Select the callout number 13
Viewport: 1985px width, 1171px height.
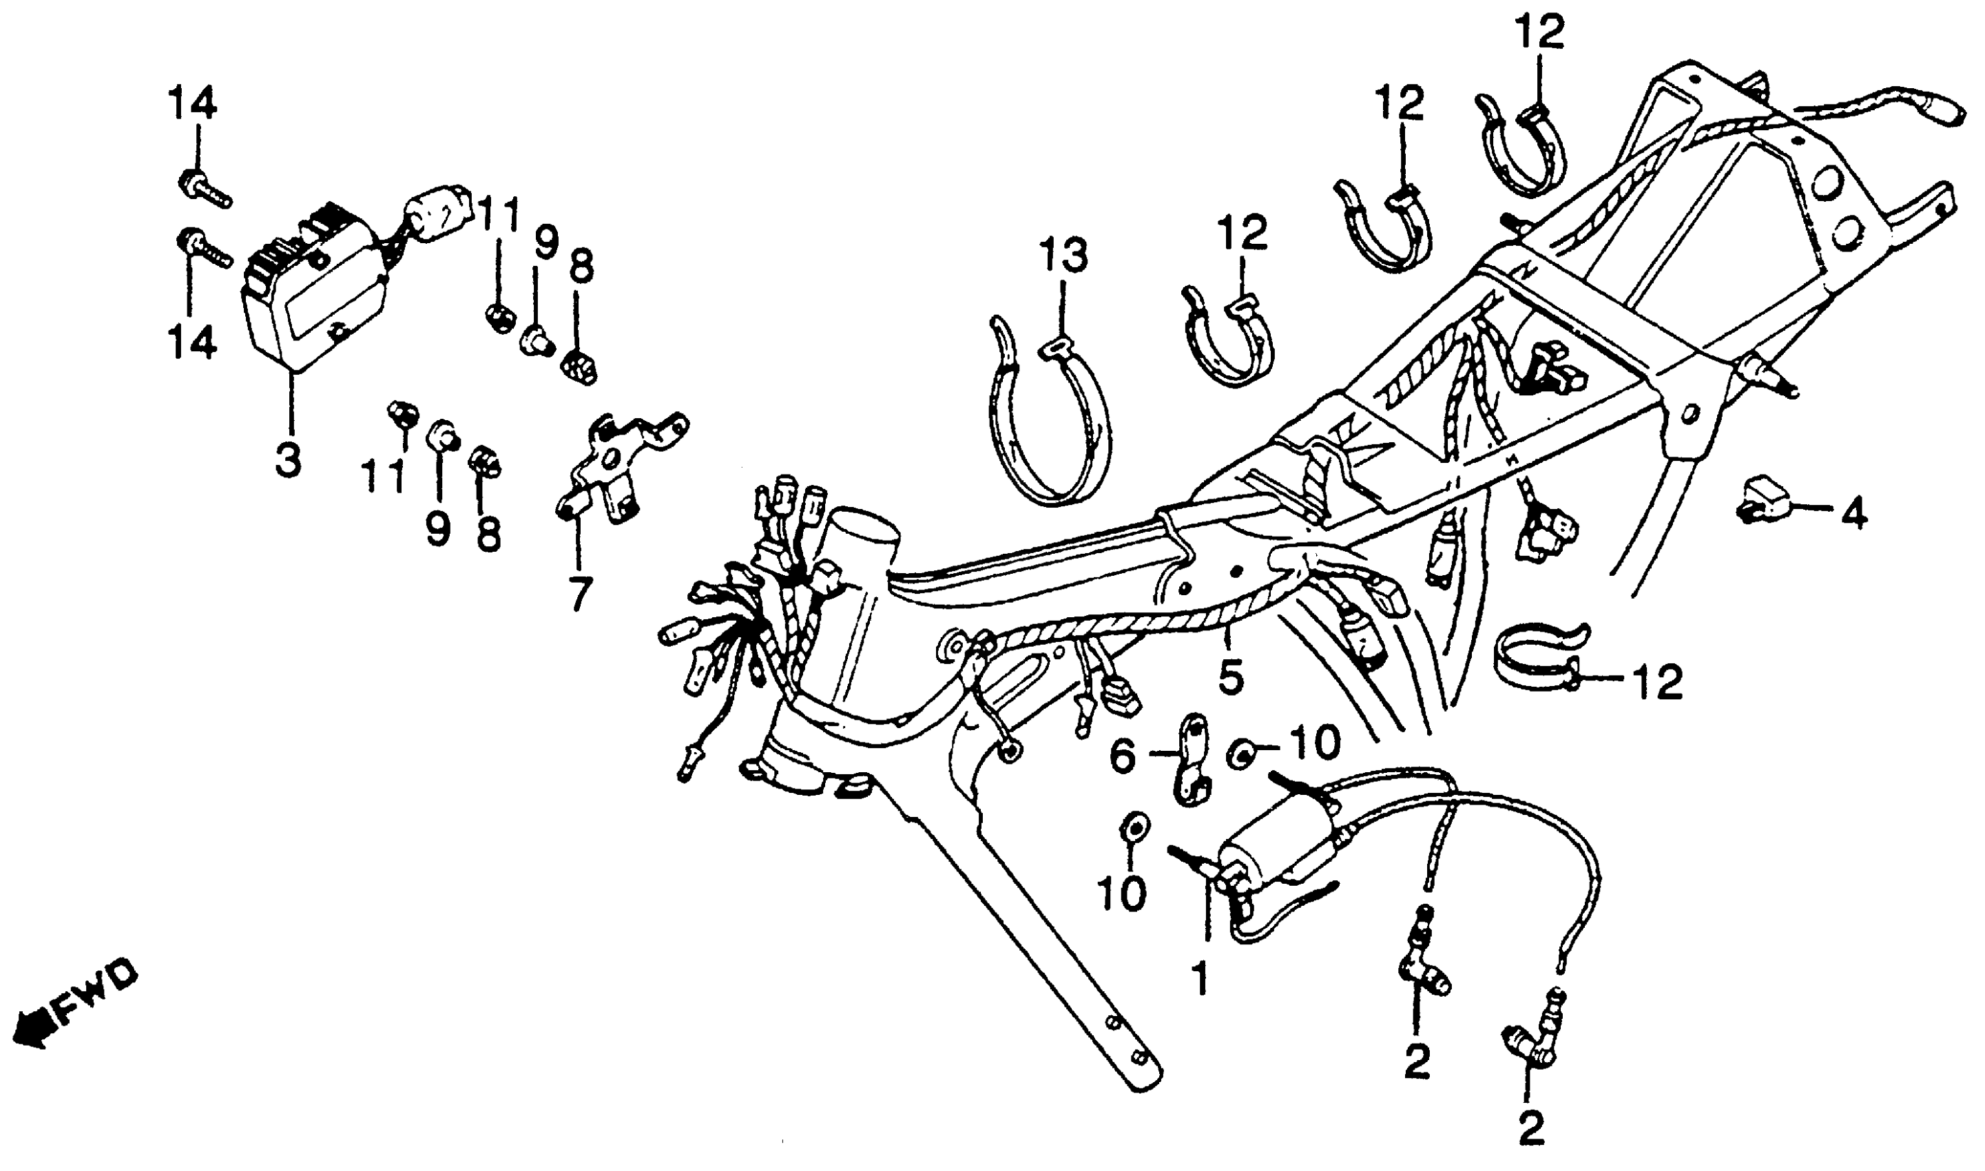click(x=1063, y=256)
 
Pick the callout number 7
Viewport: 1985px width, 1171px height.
click(x=579, y=593)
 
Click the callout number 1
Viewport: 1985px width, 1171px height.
click(x=1200, y=982)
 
